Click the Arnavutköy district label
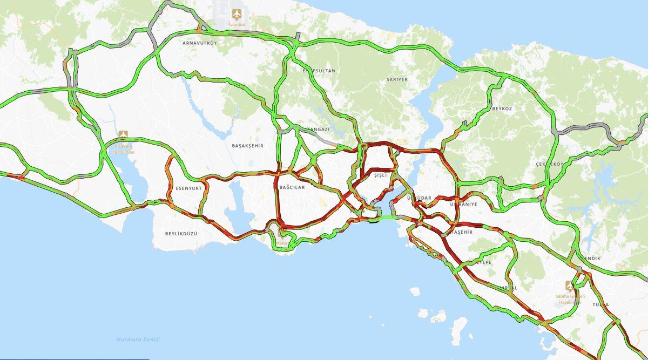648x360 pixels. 199,43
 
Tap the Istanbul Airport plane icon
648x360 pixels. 235,13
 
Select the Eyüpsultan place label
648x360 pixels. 319,71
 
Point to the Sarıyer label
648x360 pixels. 397,79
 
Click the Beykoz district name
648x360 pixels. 501,108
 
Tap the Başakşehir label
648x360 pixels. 247,146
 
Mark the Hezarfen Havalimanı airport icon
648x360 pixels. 124,134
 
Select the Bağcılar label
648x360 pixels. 292,187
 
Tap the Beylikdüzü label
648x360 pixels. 182,233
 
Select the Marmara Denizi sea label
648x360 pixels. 133,339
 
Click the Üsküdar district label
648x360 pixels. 419,198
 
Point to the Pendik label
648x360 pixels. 592,259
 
